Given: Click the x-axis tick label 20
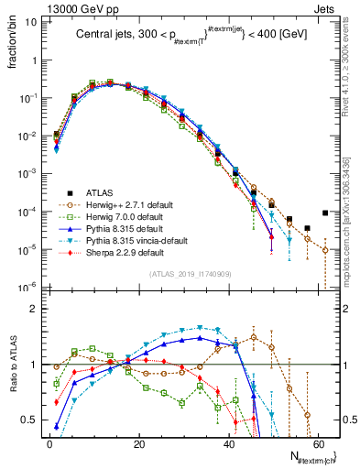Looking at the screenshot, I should pos(138,443).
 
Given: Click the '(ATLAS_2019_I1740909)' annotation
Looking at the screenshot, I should pos(189,273).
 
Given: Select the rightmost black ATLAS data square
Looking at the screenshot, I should pos(325,213).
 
